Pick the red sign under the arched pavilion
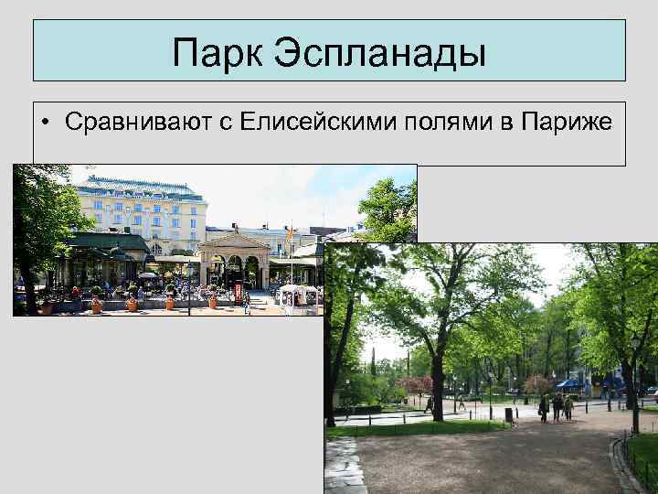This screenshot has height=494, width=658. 239,293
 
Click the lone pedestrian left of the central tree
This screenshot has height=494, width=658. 428,403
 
